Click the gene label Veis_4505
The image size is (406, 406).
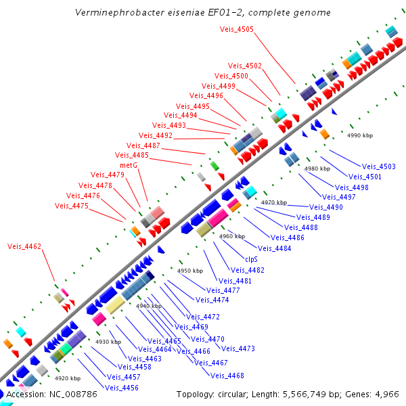tap(237, 29)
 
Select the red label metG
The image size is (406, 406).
tap(129, 165)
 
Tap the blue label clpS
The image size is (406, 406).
tap(251, 259)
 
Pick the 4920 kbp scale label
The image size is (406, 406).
tap(68, 378)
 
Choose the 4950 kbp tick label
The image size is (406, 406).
tap(190, 271)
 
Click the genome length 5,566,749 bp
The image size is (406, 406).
tap(304, 394)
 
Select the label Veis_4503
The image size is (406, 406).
tap(379, 166)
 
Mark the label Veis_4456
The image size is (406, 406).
tap(122, 388)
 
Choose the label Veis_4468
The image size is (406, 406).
tap(227, 376)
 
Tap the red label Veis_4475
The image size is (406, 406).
tap(72, 206)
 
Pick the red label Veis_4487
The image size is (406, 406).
tap(143, 146)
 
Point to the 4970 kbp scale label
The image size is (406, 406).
tap(274, 202)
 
